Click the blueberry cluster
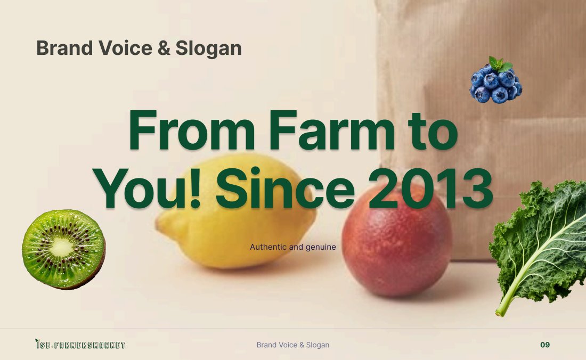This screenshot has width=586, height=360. pos(495,80)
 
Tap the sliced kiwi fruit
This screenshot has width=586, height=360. pos(63,249)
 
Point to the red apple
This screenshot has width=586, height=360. pos(397,239)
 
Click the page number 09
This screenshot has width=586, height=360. pos(545,345)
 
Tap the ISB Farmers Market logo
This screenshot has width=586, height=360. pos(80,344)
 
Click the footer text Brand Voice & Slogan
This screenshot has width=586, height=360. pos(292,345)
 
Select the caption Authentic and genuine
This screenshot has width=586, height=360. pos(292,247)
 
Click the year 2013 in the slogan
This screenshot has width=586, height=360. pos(430,189)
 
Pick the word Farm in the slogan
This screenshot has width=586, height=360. pos(331,130)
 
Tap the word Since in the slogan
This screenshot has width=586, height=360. pos(285,189)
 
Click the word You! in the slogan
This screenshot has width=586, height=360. pos(147,189)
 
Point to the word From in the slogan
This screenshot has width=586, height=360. pos(191,130)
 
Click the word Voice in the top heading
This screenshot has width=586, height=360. pos(125,48)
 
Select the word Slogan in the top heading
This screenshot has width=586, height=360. pos(208,49)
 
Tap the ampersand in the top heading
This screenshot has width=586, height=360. pos(164,48)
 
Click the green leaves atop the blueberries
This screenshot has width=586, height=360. pos(500,63)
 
